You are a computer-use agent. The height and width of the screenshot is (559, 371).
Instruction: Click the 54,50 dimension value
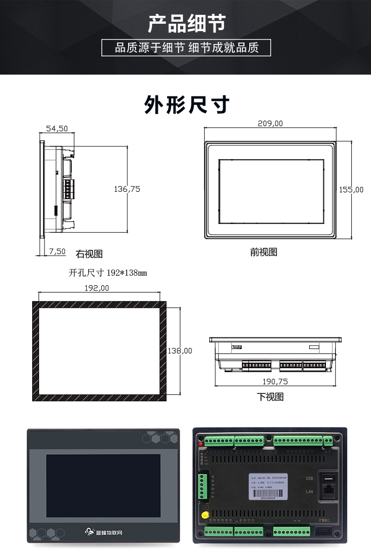[57, 129]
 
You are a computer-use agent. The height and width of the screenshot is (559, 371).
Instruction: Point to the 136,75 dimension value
[127, 189]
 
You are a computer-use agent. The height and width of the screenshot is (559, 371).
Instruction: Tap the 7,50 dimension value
[57, 252]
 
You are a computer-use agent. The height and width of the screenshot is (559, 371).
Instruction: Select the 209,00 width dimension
[271, 124]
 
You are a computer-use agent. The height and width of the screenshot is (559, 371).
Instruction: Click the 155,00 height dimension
[351, 189]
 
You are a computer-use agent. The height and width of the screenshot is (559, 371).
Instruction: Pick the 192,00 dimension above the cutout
[97, 288]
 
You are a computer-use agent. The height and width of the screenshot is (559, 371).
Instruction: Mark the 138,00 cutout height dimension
[180, 351]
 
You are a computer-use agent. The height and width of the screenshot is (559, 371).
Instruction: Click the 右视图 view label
[89, 254]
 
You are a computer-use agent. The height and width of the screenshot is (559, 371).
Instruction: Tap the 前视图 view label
[264, 252]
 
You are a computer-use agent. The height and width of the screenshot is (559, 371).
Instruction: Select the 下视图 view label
[270, 396]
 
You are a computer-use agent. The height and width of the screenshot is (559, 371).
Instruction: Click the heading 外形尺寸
[186, 105]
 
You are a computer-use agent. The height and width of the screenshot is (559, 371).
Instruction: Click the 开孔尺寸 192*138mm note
[108, 272]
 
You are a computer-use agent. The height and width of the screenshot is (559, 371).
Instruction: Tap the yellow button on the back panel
[203, 515]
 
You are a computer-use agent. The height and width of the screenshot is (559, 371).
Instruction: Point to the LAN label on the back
[309, 491]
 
